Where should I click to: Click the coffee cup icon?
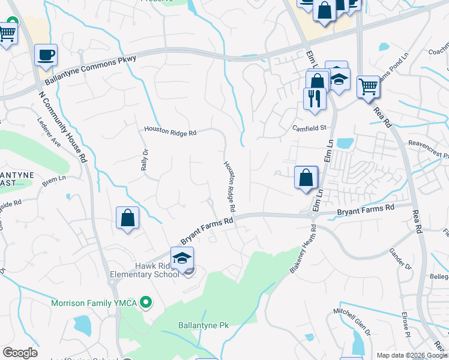coord(46,55)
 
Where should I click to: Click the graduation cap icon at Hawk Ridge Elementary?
coord(182,259)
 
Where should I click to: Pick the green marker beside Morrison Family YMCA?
coord(145,302)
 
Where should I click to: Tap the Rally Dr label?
coord(144,160)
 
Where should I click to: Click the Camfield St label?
coord(309,128)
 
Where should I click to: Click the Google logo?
coord(20,353)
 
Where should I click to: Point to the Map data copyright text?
coord(412,355)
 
